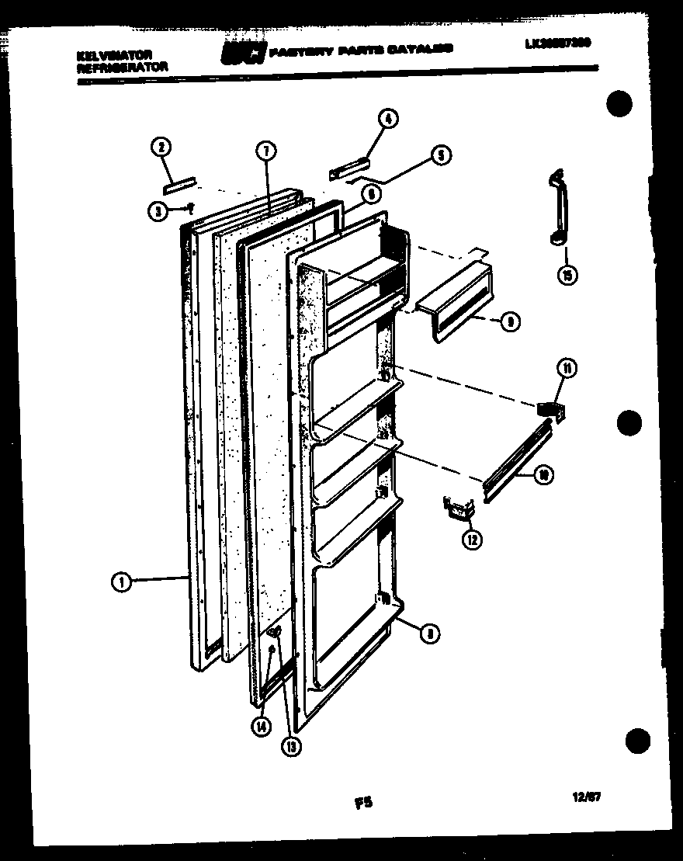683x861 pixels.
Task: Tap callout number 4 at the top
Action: (387, 119)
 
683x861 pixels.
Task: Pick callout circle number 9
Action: (509, 322)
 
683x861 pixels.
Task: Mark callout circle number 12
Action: (473, 540)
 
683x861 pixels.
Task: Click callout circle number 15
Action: (570, 276)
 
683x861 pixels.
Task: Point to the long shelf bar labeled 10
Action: (516, 459)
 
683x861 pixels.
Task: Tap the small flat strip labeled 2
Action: (178, 184)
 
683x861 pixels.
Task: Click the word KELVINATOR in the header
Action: (114, 55)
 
